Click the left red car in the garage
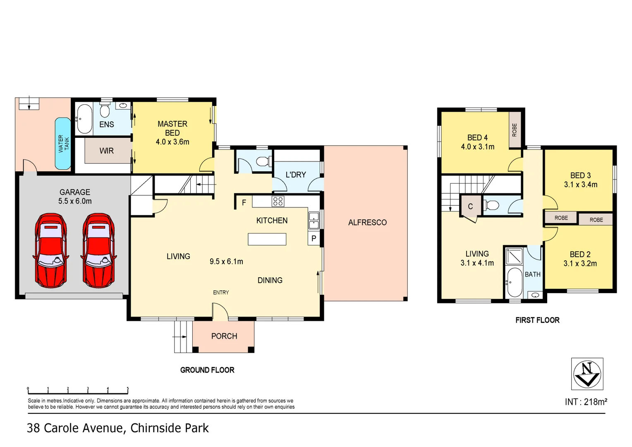[x=51, y=250]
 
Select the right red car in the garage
[x=98, y=250]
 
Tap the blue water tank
[x=63, y=144]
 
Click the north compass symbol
[x=587, y=374]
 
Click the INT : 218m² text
[x=586, y=402]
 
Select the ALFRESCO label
[x=367, y=223]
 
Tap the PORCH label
[x=224, y=336]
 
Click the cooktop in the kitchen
[x=278, y=202]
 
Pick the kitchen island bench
[x=267, y=239]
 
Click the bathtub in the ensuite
[x=84, y=119]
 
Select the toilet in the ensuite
[x=105, y=111]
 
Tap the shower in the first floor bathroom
[x=514, y=256]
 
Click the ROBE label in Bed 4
[x=515, y=130]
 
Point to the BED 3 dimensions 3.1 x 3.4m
[x=580, y=185]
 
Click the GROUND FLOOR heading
[x=207, y=370]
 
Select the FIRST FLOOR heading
[x=537, y=320]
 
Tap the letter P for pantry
[x=314, y=238]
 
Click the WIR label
[x=106, y=151]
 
